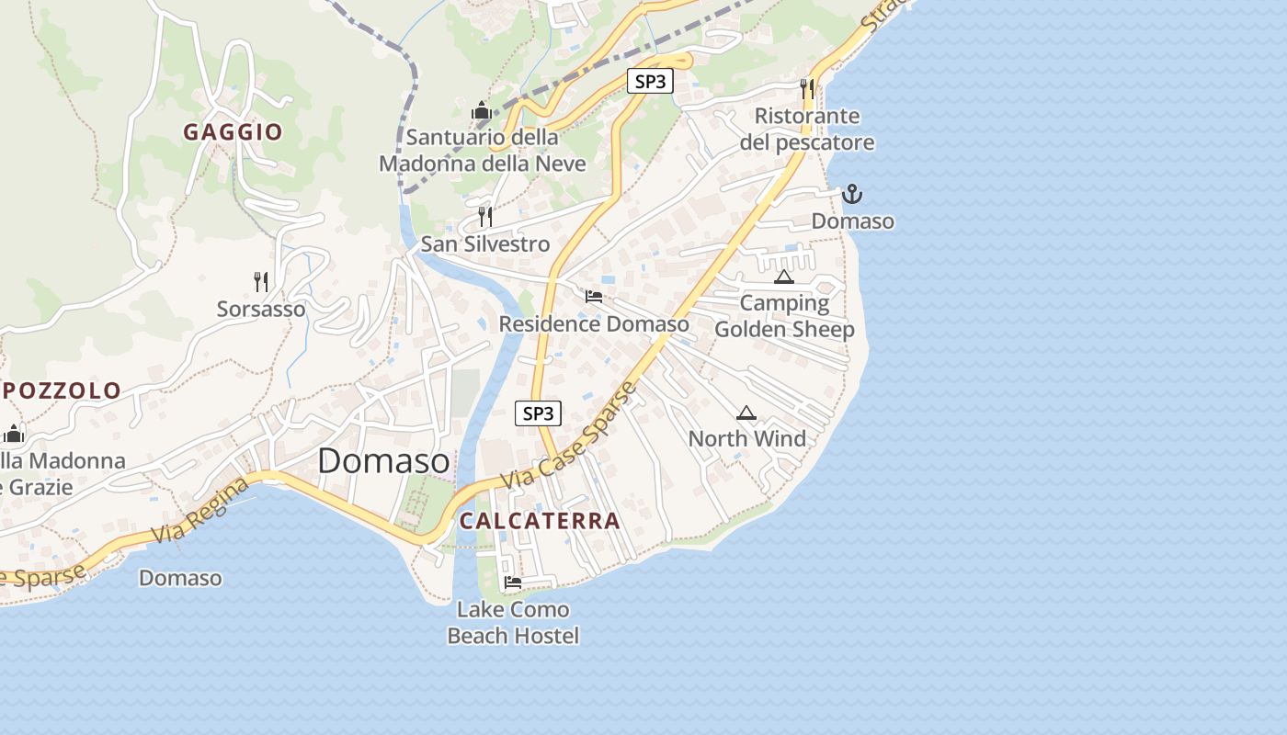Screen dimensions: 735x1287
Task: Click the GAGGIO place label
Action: (x=233, y=132)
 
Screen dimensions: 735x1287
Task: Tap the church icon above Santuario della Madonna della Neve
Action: (x=481, y=111)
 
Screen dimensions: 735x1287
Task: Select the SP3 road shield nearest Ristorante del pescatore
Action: (x=650, y=81)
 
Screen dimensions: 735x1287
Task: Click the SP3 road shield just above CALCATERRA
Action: (x=537, y=413)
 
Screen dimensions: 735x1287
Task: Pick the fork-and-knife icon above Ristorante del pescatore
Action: (x=807, y=88)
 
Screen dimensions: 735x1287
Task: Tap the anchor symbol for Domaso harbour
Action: (x=852, y=194)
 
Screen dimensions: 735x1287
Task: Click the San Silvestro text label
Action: (x=485, y=244)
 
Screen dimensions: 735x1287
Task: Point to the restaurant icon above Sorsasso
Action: (x=261, y=281)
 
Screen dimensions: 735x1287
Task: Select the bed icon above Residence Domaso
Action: (x=594, y=296)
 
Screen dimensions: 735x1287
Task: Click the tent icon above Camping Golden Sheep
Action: (x=783, y=277)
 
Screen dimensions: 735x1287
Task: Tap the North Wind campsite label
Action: (x=746, y=439)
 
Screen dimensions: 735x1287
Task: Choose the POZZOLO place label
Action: (x=62, y=390)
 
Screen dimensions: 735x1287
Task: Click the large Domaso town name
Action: (x=383, y=461)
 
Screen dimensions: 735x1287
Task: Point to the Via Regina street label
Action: (x=199, y=510)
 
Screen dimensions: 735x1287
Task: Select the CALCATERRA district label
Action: (x=540, y=521)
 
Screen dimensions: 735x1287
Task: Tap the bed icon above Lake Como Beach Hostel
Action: (x=513, y=582)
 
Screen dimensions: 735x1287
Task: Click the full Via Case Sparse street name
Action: (x=569, y=437)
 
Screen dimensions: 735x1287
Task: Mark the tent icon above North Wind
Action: (x=746, y=413)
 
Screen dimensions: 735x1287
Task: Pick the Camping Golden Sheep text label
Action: (x=784, y=316)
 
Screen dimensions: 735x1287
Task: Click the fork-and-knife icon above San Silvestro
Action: (x=485, y=217)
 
